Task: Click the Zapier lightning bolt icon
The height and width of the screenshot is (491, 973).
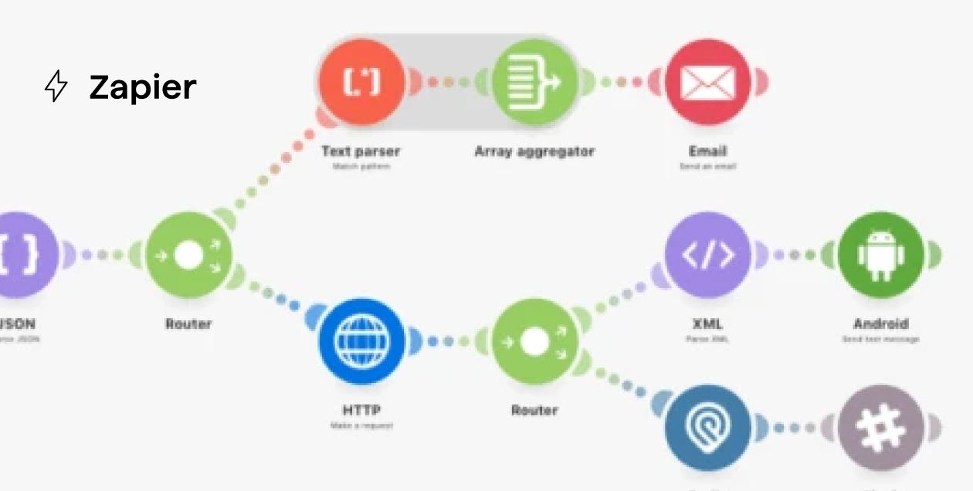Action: coord(56,86)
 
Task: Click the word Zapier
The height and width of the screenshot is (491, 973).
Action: coord(143,87)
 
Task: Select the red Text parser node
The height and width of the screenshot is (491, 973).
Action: coord(361,83)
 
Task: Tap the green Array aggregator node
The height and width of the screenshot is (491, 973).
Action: coord(534,83)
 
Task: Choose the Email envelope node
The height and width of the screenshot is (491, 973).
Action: coord(707,83)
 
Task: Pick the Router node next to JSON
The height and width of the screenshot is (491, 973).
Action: coord(188,255)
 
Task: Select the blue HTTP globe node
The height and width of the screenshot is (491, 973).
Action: coord(361,341)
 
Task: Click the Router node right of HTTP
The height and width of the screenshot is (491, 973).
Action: coord(534,341)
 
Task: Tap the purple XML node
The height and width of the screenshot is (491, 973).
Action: coord(707,255)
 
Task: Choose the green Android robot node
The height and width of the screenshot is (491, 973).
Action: coord(880,255)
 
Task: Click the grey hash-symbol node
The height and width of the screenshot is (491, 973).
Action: coord(880,428)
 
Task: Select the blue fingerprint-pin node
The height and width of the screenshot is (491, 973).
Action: coord(707,428)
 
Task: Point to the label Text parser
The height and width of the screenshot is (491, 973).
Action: coord(361,151)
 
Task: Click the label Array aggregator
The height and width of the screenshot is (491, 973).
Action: coord(534,151)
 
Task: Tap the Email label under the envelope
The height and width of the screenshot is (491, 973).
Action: coord(707,151)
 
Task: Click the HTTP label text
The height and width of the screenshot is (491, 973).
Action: coord(361,410)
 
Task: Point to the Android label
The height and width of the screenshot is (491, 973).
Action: coord(880,323)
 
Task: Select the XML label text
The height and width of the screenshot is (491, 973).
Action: coord(707,323)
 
